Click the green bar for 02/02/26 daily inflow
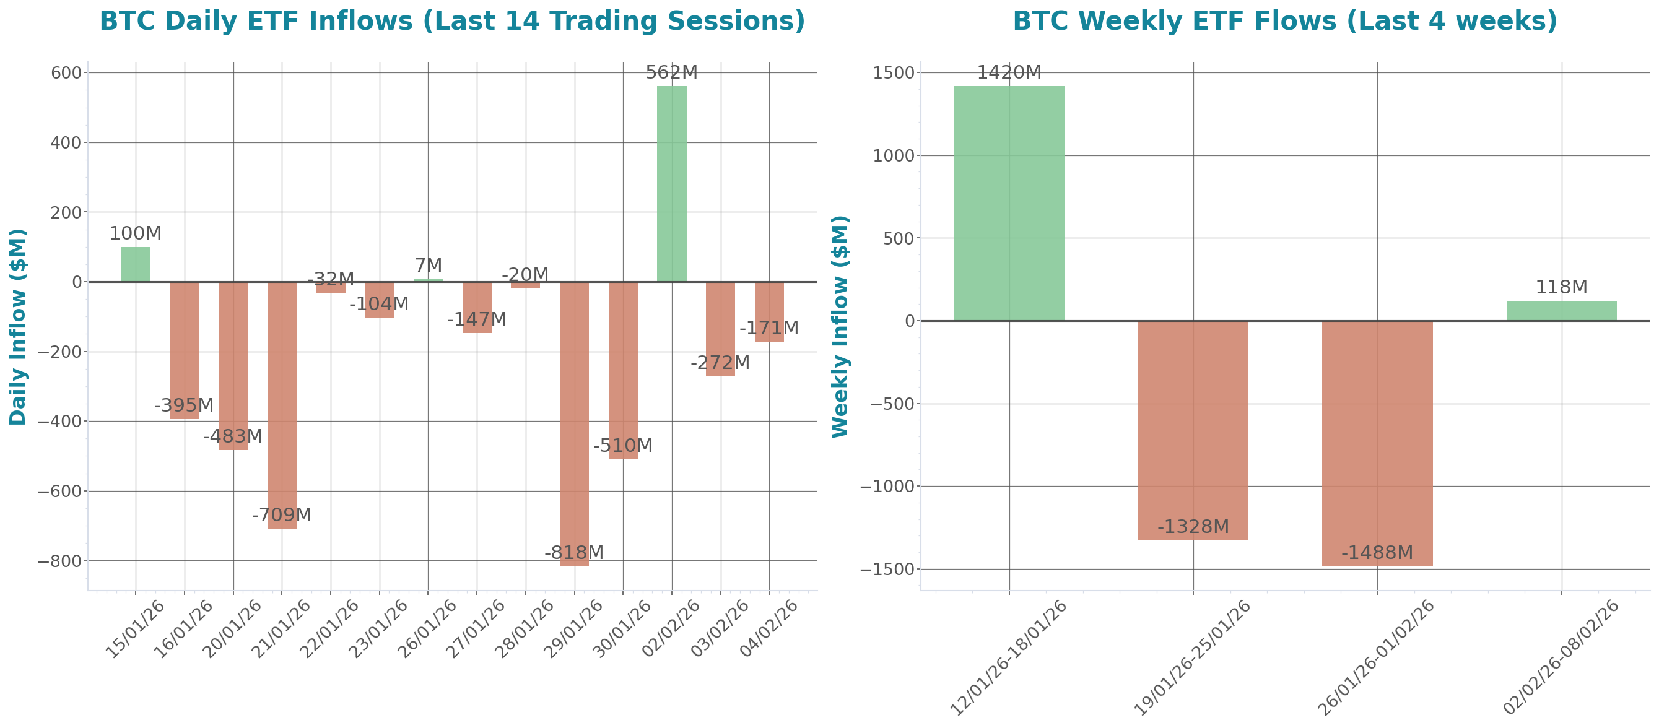671,183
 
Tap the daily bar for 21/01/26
282,405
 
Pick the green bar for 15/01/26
136,264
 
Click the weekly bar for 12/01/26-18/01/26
1009,204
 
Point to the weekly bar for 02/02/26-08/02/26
1561,311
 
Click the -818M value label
574,553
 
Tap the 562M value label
671,72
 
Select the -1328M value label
1193,527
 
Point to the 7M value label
429,266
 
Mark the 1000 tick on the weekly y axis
893,156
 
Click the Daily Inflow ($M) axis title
18,326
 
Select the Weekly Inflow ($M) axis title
840,326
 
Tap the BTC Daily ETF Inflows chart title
452,21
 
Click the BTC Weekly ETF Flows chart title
1285,21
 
